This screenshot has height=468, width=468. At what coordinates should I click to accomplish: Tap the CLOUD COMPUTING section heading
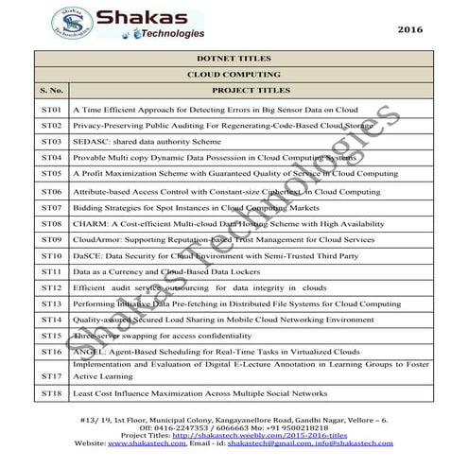pos(234,74)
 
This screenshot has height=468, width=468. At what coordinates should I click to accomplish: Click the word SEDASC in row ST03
pos(91,142)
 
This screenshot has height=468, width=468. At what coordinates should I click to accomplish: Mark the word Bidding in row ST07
pos(89,207)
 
